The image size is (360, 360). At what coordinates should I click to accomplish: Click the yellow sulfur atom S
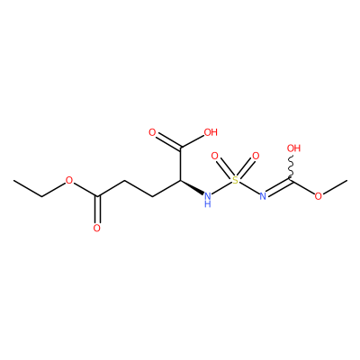[236, 180]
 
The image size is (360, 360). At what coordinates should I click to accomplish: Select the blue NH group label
[207, 200]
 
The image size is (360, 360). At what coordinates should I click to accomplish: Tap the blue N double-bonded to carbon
[263, 196]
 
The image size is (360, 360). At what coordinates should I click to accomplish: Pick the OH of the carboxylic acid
[211, 132]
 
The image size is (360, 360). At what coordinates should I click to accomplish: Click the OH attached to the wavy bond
[293, 148]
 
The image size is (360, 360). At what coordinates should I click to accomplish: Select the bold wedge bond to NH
[192, 187]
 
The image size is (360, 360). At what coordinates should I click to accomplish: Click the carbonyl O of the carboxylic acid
[153, 132]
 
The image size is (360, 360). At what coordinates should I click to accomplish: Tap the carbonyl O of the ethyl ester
[96, 229]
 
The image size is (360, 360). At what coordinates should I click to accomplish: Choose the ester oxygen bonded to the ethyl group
[69, 180]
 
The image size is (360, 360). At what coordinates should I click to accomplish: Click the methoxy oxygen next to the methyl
[319, 196]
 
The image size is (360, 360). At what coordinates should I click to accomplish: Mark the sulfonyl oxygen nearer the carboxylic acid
[214, 156]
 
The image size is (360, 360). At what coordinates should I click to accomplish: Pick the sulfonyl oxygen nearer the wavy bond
[256, 156]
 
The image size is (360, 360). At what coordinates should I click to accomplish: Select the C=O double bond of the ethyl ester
[97, 210]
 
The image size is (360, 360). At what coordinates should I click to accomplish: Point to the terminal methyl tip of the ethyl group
[13, 180]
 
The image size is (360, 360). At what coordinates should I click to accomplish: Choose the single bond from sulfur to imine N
[249, 188]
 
